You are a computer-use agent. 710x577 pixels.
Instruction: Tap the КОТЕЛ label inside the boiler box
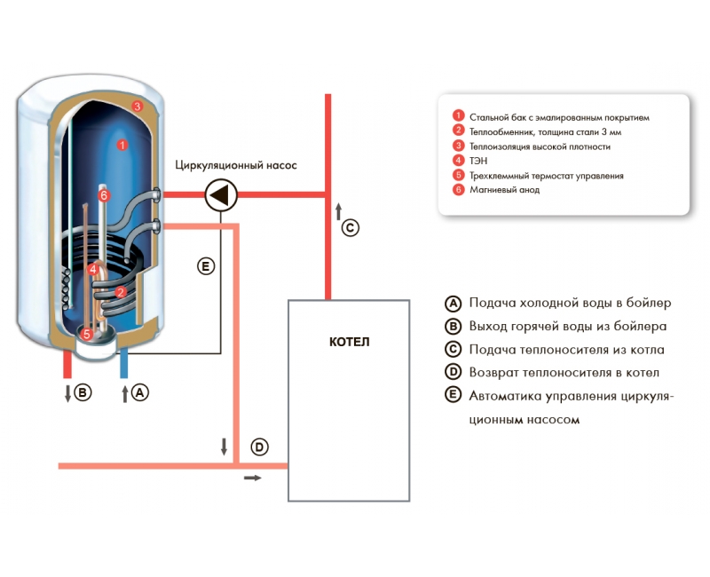[x=349, y=342]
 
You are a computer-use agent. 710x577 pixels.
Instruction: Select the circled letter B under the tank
[x=83, y=391]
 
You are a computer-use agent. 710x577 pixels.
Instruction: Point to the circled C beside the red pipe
[x=351, y=228]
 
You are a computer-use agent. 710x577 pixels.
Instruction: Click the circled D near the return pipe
[x=258, y=447]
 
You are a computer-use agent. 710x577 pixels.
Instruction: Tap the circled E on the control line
[x=206, y=265]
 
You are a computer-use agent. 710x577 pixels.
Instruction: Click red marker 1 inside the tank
[x=123, y=143]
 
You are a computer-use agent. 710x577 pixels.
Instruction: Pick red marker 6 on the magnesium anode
[x=104, y=194]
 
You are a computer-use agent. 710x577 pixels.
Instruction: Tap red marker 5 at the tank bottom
[x=87, y=335]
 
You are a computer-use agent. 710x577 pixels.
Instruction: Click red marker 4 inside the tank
[x=92, y=268]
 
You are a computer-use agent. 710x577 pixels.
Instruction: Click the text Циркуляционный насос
[x=235, y=165]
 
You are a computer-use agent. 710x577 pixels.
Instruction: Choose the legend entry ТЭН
[x=478, y=161]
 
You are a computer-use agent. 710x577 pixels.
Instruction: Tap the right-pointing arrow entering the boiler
[x=253, y=478]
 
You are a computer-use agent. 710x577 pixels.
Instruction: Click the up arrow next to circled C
[x=338, y=211]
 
